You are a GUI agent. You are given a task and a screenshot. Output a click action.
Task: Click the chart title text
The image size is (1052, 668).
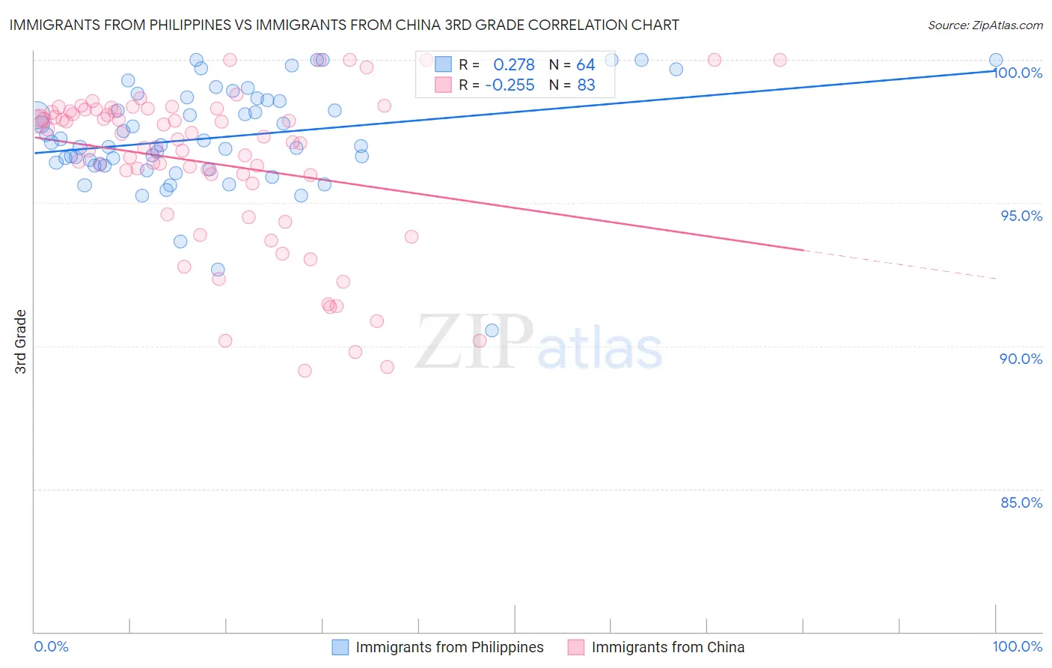pyautogui.click(x=344, y=25)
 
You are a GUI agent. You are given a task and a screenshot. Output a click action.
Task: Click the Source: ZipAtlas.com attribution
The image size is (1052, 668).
pyautogui.click(x=985, y=25)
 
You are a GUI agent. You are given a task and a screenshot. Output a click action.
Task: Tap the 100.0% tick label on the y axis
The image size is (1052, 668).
pyautogui.click(x=1018, y=73)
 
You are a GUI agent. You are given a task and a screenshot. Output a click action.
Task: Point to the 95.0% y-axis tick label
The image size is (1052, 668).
pyautogui.click(x=1021, y=216)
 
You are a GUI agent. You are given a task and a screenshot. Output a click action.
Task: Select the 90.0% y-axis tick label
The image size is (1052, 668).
pyautogui.click(x=1021, y=359)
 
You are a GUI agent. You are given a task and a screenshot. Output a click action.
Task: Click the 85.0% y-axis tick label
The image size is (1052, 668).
pyautogui.click(x=1021, y=502)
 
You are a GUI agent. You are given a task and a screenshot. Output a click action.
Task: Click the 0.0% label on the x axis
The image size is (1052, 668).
pyautogui.click(x=51, y=646)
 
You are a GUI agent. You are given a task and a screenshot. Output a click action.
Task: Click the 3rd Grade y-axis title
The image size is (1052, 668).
pyautogui.click(x=21, y=341)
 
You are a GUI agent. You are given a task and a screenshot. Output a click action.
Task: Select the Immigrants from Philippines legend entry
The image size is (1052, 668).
pyautogui.click(x=449, y=647)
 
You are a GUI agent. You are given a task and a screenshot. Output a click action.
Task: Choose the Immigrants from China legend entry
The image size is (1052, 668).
pyautogui.click(x=667, y=647)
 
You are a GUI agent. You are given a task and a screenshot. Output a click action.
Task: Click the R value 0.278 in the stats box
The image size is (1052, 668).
pyautogui.click(x=513, y=65)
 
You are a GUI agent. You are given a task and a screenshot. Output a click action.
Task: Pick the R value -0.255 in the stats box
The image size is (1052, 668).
pyautogui.click(x=510, y=85)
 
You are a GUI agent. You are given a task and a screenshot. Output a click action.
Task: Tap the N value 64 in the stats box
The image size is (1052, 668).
pyautogui.click(x=585, y=65)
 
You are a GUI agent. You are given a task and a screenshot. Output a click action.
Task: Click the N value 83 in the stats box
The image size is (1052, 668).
pyautogui.click(x=586, y=85)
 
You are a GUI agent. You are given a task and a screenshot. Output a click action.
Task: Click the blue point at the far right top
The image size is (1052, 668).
pyautogui.click(x=996, y=60)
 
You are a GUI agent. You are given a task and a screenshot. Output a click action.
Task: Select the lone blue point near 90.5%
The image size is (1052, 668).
pyautogui.click(x=492, y=330)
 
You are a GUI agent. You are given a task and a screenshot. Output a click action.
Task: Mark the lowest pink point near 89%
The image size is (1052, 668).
pyautogui.click(x=305, y=371)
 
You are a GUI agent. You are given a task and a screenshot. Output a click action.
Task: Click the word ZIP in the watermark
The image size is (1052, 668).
pyautogui.click(x=474, y=342)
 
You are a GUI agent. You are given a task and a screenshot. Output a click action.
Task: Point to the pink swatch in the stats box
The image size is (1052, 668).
pyautogui.click(x=443, y=85)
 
